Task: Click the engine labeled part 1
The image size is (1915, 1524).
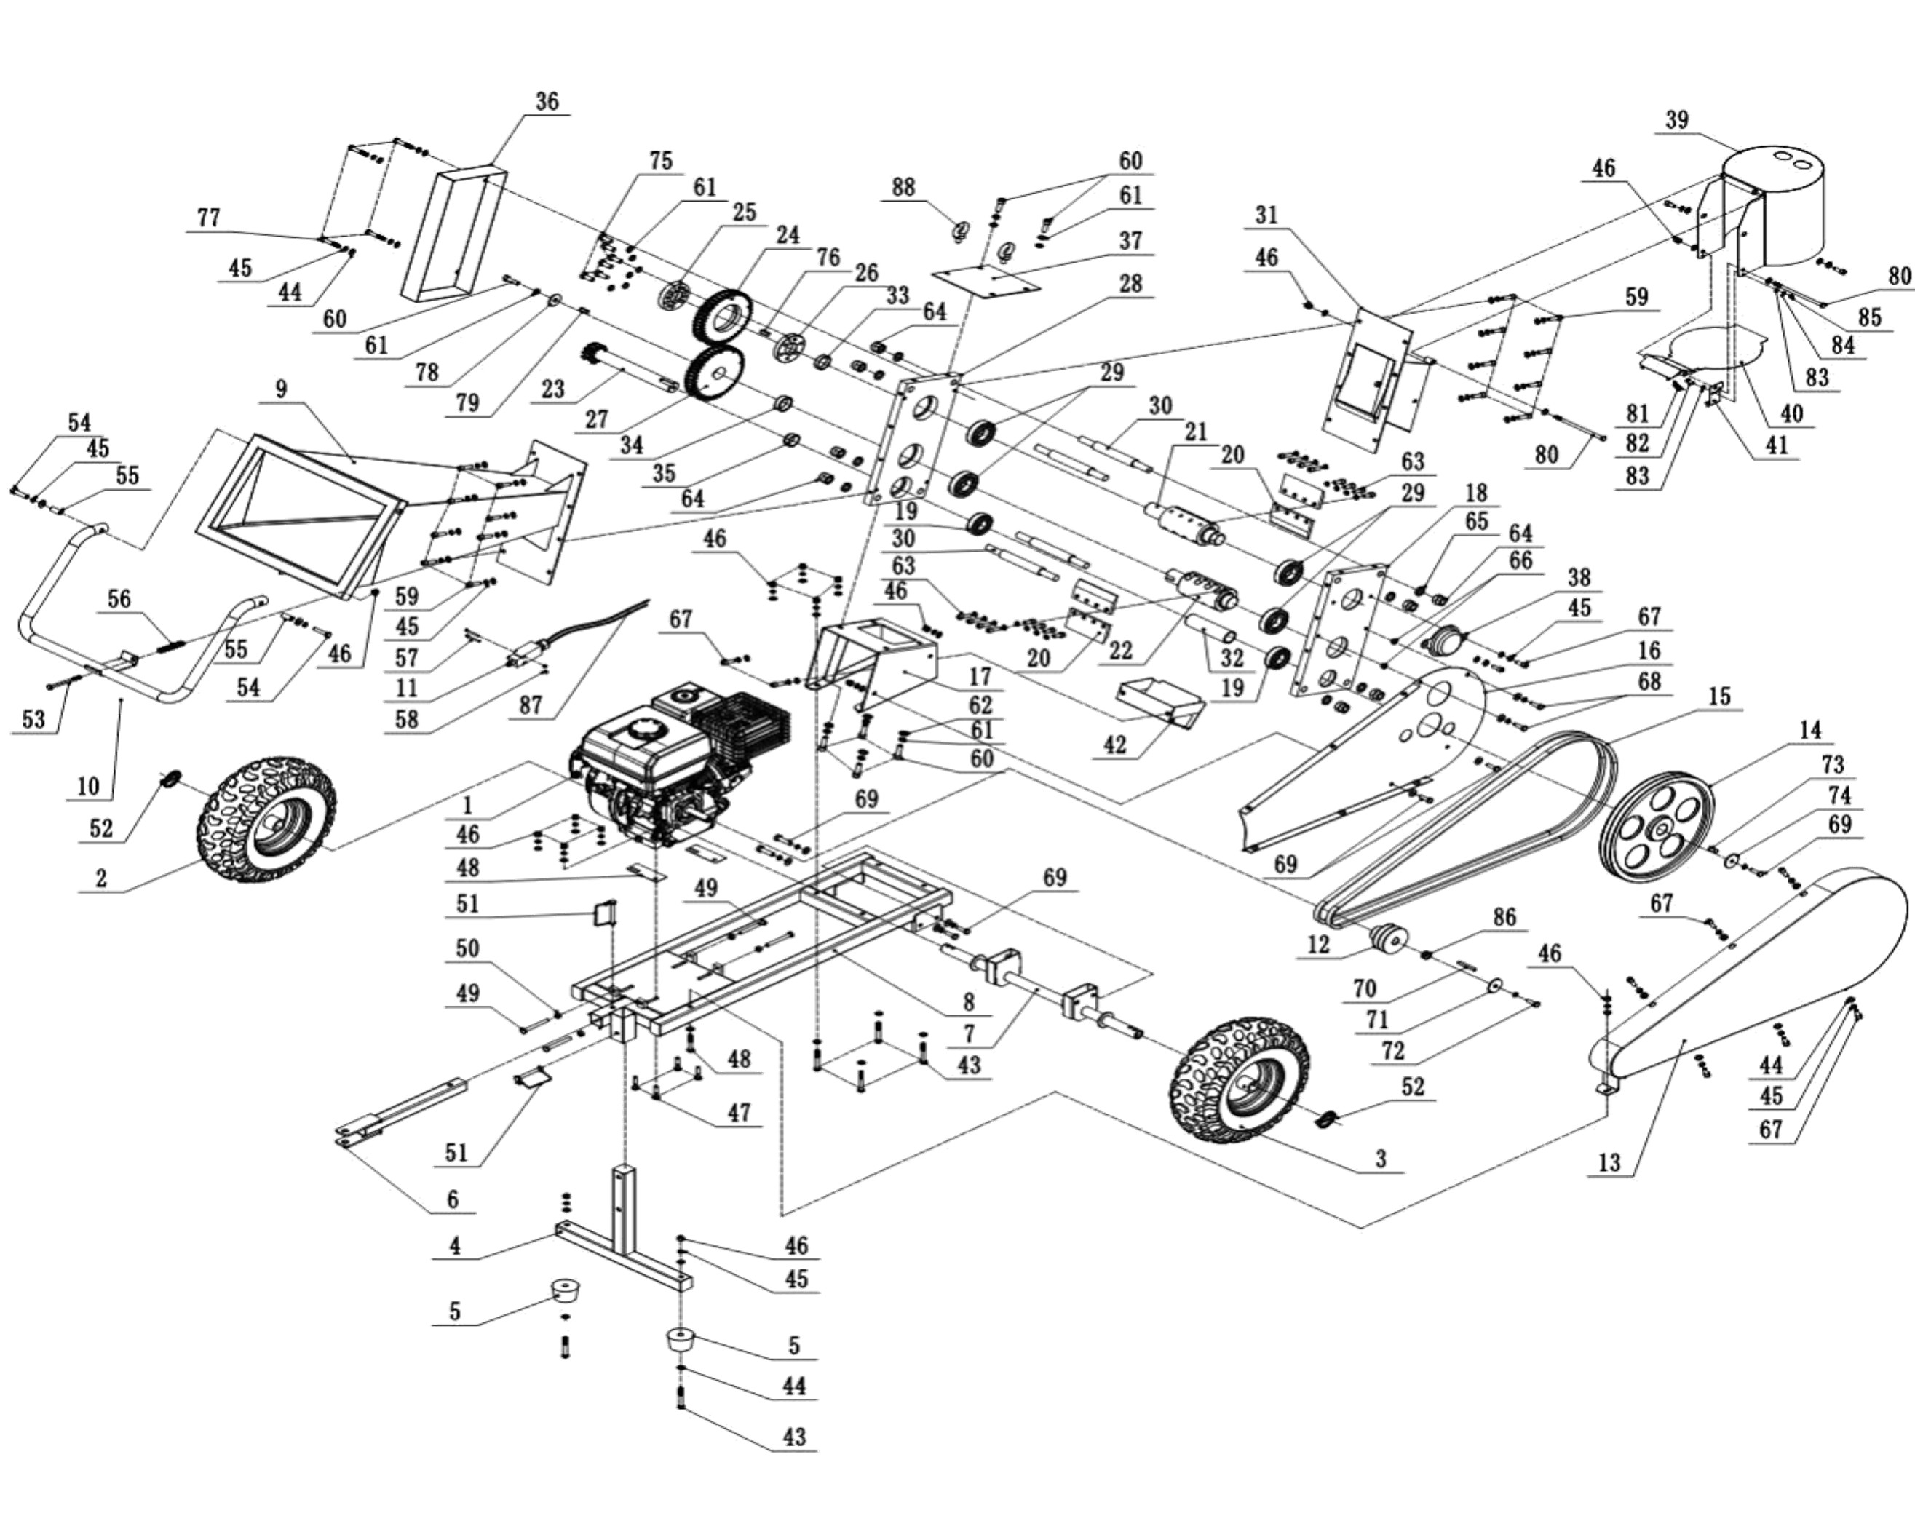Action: (x=675, y=763)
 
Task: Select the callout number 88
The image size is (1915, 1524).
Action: (x=903, y=187)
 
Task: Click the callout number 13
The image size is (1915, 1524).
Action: (x=1609, y=1162)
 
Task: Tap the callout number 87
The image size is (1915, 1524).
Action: (x=531, y=705)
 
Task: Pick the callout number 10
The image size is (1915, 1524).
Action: (x=88, y=785)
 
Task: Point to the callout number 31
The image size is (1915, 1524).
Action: (x=1266, y=214)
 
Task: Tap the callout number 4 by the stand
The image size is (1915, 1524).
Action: (x=455, y=1246)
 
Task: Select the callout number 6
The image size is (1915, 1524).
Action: (x=452, y=1199)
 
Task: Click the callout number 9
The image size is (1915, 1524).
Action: (x=282, y=389)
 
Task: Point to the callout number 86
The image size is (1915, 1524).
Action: (x=1504, y=916)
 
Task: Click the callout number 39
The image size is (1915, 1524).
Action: (x=1677, y=119)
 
